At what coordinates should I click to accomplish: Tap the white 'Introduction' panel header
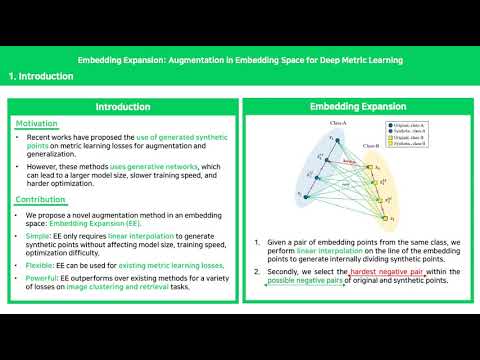[123, 106]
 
